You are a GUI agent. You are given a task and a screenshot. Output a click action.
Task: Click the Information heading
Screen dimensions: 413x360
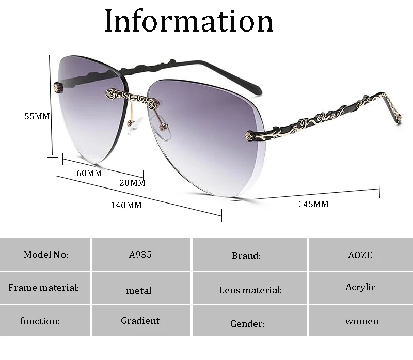[x=189, y=21]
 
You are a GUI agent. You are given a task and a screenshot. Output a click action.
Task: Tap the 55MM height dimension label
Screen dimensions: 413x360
[x=37, y=117]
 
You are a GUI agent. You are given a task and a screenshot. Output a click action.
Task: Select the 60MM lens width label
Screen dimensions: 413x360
[x=89, y=173]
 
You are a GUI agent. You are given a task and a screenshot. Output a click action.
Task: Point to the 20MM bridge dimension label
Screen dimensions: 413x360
[x=133, y=183]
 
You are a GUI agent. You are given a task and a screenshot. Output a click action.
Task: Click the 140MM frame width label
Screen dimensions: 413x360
[x=126, y=205]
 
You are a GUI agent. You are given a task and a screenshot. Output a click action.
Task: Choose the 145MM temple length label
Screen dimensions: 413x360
[x=313, y=204]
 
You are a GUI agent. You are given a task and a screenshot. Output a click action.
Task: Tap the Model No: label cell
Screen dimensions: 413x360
[x=46, y=254]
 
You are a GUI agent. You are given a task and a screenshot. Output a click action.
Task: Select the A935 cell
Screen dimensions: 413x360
[x=140, y=254]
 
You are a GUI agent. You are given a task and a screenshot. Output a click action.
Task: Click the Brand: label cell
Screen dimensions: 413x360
[x=246, y=255]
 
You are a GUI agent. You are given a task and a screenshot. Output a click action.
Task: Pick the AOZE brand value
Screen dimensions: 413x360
[x=360, y=255]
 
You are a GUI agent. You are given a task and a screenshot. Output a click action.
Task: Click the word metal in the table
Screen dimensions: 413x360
[x=139, y=291]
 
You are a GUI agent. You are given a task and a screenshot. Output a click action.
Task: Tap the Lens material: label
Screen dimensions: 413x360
[x=250, y=290]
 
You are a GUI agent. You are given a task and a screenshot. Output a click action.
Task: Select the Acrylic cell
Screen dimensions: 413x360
[x=360, y=287]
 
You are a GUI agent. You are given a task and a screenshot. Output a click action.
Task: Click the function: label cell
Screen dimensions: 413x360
[x=40, y=321]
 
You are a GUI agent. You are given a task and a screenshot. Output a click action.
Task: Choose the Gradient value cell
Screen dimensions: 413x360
[x=140, y=321]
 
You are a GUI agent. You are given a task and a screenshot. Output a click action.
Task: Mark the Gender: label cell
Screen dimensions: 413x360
[x=247, y=324]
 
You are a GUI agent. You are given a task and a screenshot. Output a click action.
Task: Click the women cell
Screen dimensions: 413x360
[x=362, y=321]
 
